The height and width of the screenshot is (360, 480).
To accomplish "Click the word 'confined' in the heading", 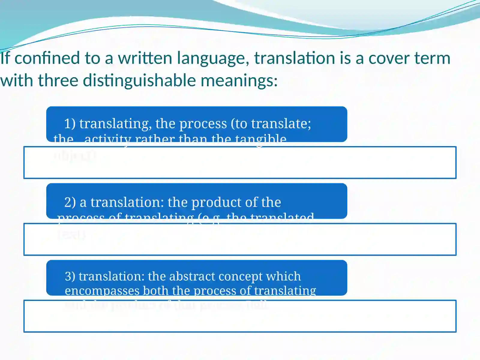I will (47, 58).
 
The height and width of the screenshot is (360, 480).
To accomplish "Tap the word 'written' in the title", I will (145, 58).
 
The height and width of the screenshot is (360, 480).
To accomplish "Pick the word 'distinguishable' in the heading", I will (139, 81).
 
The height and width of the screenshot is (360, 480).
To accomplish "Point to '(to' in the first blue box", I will (239, 124).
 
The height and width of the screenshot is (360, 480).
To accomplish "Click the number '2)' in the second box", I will (70, 202).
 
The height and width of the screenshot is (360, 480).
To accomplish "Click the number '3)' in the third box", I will (70, 276).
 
